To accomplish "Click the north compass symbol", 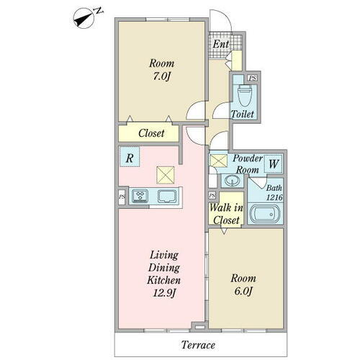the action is [84, 19].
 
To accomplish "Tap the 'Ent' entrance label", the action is [220, 44].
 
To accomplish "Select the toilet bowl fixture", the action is [245, 95].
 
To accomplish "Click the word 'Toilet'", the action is [242, 114].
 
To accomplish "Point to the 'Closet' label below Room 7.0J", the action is [151, 133].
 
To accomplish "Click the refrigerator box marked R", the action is [130, 157].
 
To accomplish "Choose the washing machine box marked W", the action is [273, 164].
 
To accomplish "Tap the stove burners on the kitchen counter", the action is [140, 196].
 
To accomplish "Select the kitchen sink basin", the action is [167, 196].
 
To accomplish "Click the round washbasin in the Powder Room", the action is [232, 181].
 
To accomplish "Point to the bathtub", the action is [265, 214].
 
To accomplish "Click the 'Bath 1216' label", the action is [274, 192].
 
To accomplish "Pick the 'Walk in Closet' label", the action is [226, 214].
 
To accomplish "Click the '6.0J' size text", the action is [243, 291].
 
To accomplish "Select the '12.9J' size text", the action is [164, 292].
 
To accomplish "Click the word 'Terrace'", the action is [198, 345].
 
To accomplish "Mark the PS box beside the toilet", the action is [252, 78].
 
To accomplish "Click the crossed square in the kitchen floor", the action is [166, 175].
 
